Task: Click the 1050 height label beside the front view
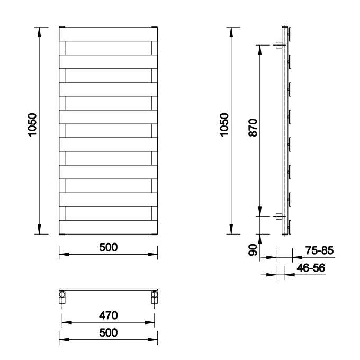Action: coord(32,125)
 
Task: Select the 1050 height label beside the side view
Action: coord(224,125)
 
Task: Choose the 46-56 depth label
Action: coord(311,268)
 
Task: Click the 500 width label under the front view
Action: coord(108,247)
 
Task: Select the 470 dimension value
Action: coord(108,316)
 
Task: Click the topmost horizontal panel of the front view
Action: coord(108,34)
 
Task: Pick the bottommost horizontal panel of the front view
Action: coord(108,227)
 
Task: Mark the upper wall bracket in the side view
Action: coord(278,46)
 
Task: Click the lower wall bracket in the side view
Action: coord(278,216)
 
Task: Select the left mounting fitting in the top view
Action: coord(62,297)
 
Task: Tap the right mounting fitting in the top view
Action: coord(155,297)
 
